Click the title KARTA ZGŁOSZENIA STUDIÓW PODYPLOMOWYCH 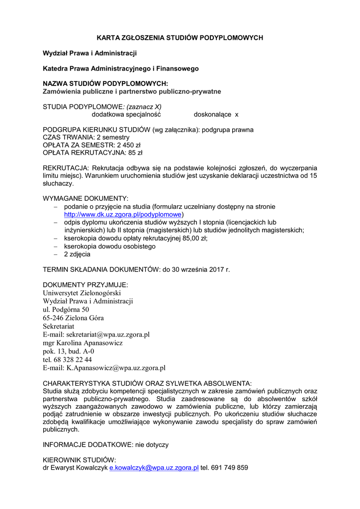(180, 37)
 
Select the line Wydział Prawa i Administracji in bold (90, 53)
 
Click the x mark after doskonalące (237, 114)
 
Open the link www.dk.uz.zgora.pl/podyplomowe (122, 214)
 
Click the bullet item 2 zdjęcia (77, 254)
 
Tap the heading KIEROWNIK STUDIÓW (80, 460)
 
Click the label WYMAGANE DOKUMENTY (86, 199)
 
